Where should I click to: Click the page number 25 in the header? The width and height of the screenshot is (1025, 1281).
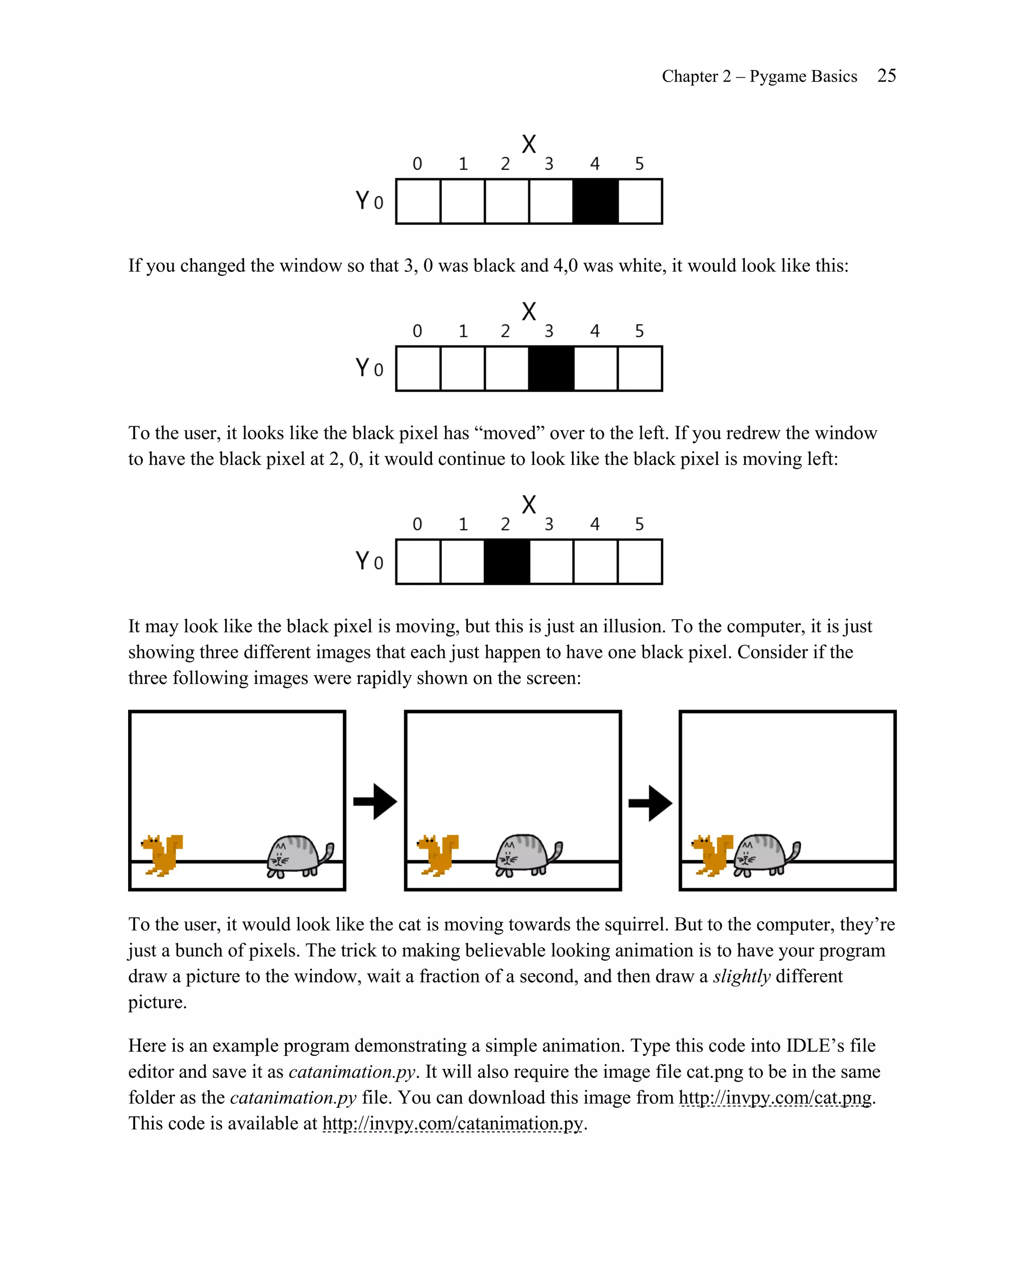pos(886,76)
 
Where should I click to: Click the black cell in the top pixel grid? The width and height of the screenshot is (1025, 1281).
pos(596,202)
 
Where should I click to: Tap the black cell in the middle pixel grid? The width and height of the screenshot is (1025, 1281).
pos(551,368)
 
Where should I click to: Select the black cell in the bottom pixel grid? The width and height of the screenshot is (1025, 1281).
pos(506,561)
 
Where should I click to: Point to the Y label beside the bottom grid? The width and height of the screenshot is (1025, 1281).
pos(362,560)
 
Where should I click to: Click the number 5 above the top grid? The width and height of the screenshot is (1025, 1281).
pos(639,164)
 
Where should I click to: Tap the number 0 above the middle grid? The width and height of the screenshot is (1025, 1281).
pos(417,331)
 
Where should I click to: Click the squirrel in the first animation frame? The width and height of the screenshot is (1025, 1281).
pos(162,854)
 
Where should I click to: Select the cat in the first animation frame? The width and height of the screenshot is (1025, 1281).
pos(299,856)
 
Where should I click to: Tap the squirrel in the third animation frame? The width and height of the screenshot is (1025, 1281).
pos(713,854)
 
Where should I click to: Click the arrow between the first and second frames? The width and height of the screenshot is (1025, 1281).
pos(375,802)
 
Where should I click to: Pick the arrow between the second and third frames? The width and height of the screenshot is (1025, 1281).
pos(650,803)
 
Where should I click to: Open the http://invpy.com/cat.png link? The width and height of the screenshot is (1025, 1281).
pos(775,1097)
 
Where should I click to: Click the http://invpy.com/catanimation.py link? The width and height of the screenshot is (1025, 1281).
pos(453,1123)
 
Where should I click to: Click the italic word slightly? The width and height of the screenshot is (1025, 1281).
pos(742,976)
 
